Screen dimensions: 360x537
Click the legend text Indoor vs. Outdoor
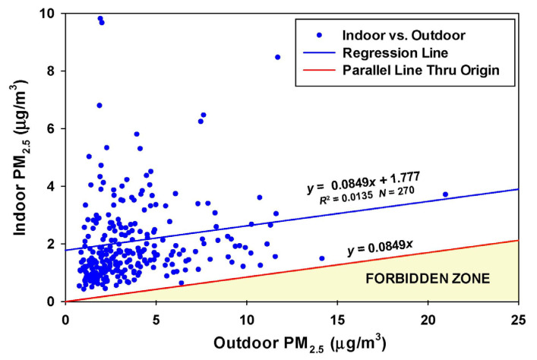coord(393,35)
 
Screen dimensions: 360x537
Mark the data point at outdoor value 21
coord(445,194)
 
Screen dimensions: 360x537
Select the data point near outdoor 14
coord(321,258)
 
